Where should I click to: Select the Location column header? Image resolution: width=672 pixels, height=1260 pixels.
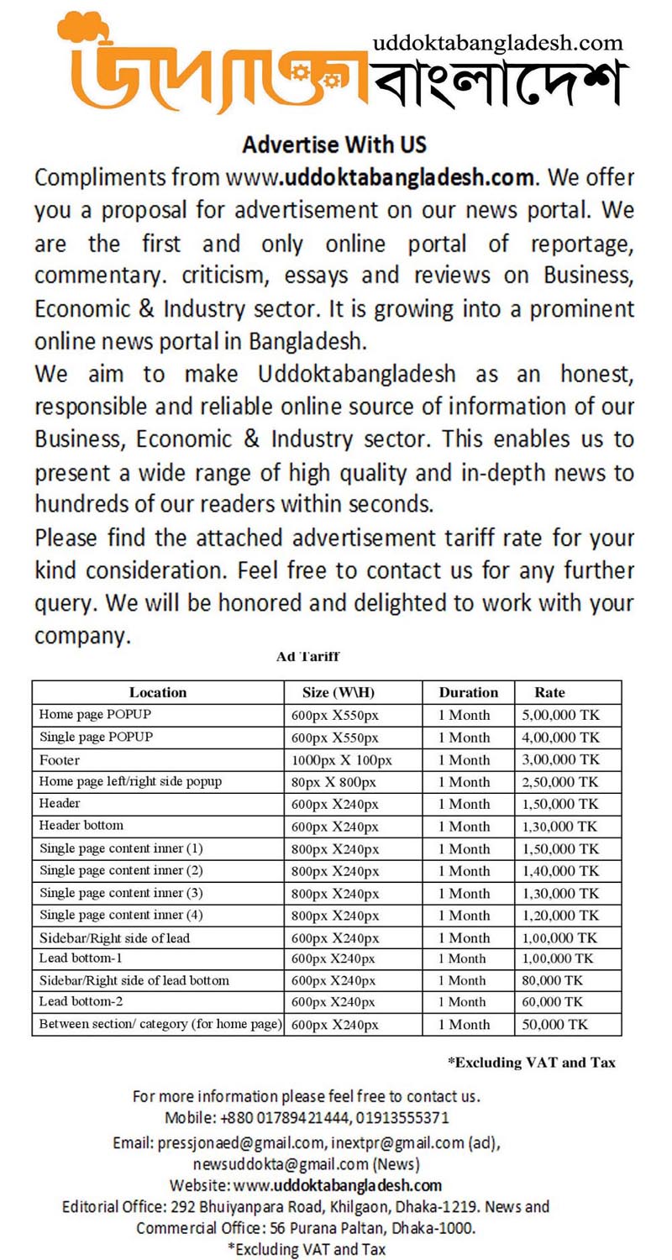(158, 693)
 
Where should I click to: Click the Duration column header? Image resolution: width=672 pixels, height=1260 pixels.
(468, 693)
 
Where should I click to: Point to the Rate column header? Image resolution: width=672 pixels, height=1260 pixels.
(549, 693)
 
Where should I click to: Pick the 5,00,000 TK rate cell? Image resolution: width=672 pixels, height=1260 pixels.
(560, 716)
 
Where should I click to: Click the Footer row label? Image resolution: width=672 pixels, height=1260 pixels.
(59, 759)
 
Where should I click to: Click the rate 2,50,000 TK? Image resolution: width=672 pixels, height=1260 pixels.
(560, 782)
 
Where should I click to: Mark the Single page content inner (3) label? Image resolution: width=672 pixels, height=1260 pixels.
(121, 892)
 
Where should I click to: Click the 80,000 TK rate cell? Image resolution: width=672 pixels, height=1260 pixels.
(552, 980)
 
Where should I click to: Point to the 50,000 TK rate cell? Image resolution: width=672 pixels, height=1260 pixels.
(554, 1024)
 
